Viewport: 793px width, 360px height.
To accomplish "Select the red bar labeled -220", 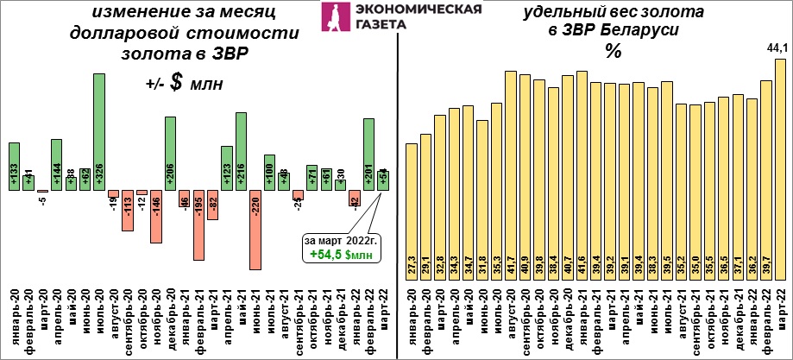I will coord(255,230).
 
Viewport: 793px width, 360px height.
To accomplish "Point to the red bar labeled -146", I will coord(156,217).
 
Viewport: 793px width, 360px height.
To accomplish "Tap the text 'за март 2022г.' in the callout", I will coord(340,239).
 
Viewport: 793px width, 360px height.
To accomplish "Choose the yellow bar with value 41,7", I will coord(510,174).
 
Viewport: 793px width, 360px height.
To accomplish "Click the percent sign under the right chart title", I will coord(612,51).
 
